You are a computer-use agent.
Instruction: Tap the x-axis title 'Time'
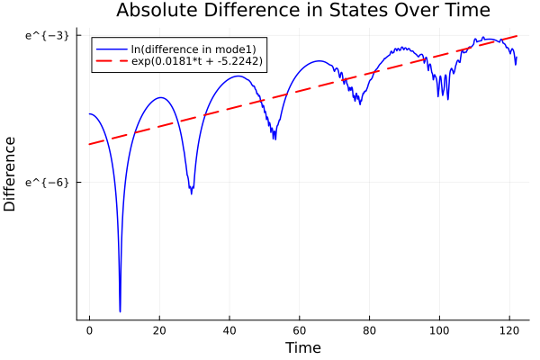click(302, 347)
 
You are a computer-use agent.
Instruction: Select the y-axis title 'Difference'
click(10, 174)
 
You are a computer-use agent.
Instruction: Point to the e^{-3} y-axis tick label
click(47, 35)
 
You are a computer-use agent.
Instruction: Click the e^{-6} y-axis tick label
click(47, 182)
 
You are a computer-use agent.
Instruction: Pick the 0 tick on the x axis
click(89, 330)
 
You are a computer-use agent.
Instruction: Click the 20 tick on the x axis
click(159, 330)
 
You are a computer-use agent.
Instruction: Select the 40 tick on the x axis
click(229, 330)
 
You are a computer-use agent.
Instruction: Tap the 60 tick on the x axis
click(300, 330)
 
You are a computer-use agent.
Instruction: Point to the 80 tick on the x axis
click(370, 330)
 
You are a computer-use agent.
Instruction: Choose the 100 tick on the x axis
click(440, 330)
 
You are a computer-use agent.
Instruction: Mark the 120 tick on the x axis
click(510, 330)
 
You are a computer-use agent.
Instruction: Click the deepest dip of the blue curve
click(120, 310)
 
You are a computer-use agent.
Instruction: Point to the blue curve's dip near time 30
click(192, 192)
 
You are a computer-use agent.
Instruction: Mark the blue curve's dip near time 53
click(274, 138)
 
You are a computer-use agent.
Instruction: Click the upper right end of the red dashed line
click(517, 36)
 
